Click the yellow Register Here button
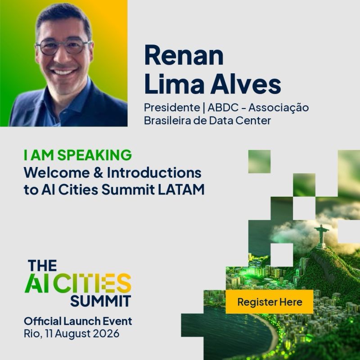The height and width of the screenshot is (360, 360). pos(269,301)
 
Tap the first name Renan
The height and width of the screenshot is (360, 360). pos(184,55)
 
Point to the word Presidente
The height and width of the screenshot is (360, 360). pos(172,108)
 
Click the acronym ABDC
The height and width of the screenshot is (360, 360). pos(223,108)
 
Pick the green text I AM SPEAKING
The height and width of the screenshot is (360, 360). pos(78,155)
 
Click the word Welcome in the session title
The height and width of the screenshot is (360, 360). pos(57,173)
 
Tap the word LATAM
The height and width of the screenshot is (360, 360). pos(181,190)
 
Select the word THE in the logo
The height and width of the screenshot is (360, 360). pos(42,265)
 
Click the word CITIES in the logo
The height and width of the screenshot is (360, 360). pos(92,283)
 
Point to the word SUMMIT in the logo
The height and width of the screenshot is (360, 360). pos(100,301)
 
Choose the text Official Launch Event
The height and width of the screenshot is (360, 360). pos(78,321)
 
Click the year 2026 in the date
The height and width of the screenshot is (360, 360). pos(106,333)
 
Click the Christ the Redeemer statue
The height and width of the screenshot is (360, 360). pos(322,237)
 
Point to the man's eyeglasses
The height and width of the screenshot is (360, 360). pos(63,47)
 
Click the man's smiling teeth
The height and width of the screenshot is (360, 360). pos(63,72)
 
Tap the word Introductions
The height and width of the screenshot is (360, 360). pos(154,173)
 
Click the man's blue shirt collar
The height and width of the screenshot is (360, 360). pos(69,96)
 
